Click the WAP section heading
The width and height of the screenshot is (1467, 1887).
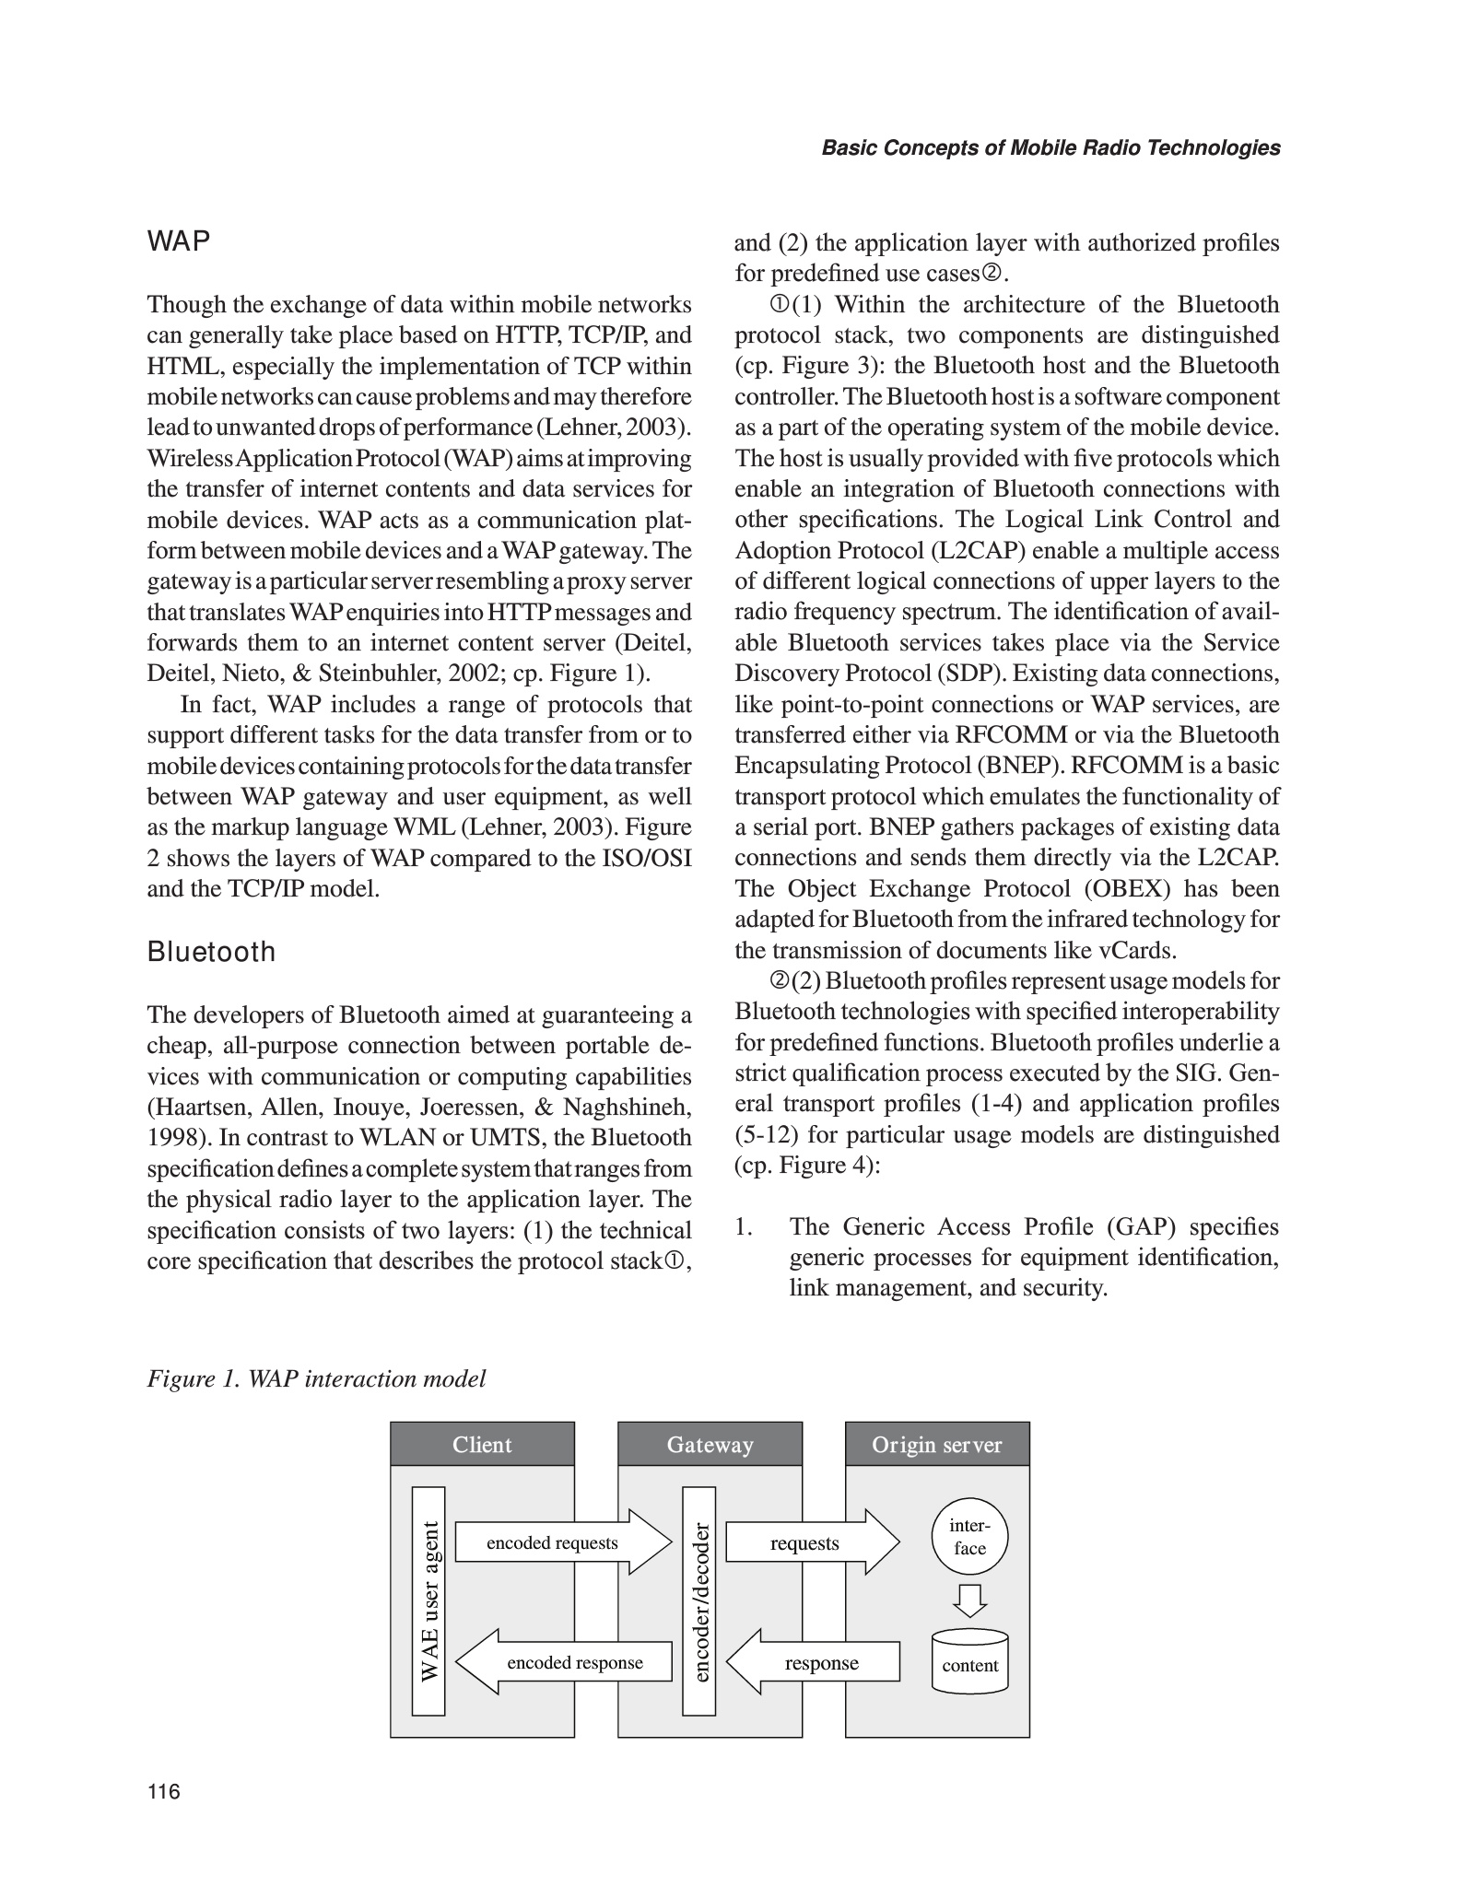179,242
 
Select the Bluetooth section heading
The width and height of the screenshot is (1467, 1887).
211,952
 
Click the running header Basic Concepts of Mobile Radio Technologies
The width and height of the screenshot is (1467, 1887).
1050,148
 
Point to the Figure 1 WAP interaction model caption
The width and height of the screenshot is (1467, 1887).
316,1378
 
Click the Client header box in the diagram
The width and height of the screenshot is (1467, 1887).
482,1444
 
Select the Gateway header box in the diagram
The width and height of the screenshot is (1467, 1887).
710,1444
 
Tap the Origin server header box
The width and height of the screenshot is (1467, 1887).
937,1444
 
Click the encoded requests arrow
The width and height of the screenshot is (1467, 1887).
562,1542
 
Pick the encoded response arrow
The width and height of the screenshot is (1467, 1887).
564,1662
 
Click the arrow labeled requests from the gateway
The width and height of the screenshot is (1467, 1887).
811,1542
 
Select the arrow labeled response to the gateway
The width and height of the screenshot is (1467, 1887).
813,1662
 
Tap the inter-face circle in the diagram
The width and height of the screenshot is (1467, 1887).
970,1537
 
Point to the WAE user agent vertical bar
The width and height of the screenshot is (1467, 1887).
428,1600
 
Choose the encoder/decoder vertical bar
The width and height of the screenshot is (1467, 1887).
699,1600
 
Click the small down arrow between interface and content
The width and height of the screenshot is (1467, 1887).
970,1600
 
